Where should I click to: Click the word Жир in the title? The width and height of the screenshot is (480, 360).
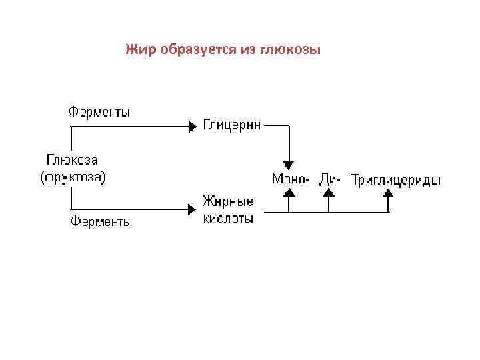coord(136,50)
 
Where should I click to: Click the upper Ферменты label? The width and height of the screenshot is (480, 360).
coord(99,112)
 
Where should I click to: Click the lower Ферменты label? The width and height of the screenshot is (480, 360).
coord(101,221)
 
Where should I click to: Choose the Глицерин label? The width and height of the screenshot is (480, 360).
coord(232,125)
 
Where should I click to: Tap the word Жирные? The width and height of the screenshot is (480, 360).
coord(227,201)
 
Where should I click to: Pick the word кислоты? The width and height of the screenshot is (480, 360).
coord(227,217)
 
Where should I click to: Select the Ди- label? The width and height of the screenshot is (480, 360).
coord(329,179)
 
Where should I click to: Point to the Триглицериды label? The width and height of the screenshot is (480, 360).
coord(395,180)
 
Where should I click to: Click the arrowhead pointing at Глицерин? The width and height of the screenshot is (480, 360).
coord(192,125)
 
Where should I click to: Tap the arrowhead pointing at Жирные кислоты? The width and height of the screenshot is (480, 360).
coord(192,209)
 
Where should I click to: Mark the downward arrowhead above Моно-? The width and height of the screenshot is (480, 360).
coord(288,164)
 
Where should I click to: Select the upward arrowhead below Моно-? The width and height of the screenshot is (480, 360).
coord(288,193)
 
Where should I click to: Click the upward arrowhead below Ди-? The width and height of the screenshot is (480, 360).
coord(328,193)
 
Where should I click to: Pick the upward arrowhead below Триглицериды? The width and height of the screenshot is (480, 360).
coord(388,193)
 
